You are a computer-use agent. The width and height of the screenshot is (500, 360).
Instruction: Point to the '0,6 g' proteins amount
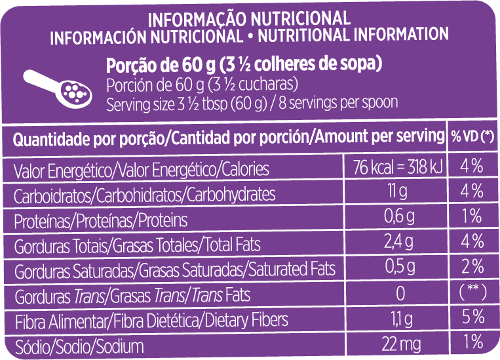pos(398,216)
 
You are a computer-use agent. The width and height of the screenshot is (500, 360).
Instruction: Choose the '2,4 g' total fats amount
pos(398,242)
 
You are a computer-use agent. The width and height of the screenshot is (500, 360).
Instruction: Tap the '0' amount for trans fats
pos(400,292)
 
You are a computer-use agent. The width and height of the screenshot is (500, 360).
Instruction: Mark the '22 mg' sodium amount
pos(398,342)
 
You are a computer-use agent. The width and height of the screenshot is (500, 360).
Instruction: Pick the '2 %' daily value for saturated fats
pos(472,267)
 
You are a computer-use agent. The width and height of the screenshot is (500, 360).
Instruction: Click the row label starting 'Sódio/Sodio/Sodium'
pos(79,345)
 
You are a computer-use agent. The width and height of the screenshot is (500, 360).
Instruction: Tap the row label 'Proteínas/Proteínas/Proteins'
pos(100,220)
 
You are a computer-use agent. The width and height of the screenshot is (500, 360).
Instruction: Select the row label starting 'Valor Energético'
pos(141,170)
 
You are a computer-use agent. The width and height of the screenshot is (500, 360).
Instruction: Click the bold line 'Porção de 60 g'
pos(244,66)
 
